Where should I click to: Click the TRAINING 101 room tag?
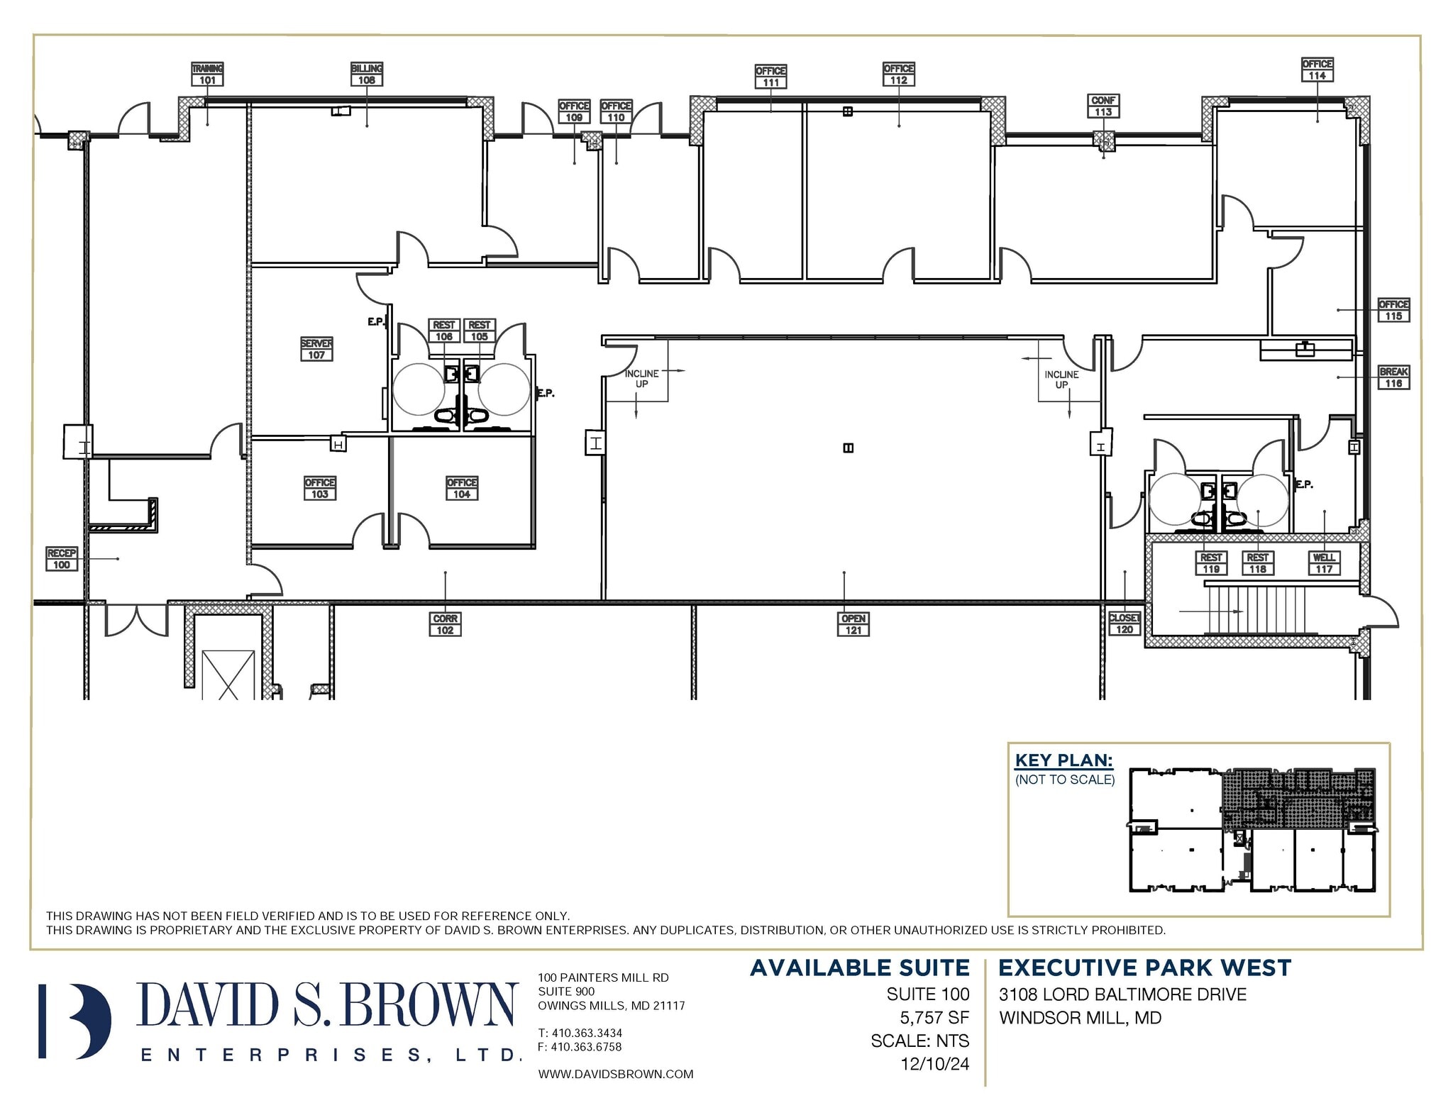[x=207, y=74]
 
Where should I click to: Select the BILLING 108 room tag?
[x=366, y=74]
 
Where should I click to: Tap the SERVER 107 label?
[x=316, y=349]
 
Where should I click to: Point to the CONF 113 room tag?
[x=1103, y=106]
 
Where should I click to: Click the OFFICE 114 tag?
[x=1317, y=70]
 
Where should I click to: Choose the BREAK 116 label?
[x=1393, y=377]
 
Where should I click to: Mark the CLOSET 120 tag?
[x=1125, y=623]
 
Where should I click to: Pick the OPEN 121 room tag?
[x=853, y=624]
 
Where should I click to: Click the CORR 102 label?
[x=445, y=624]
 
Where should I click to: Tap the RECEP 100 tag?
[x=62, y=559]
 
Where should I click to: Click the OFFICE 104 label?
[x=462, y=488]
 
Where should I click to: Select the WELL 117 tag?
[x=1324, y=563]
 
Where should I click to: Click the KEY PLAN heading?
[x=1063, y=760]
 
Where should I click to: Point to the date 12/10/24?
[x=934, y=1064]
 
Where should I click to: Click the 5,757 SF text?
[x=934, y=1018]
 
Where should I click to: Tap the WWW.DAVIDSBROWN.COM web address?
[x=615, y=1074]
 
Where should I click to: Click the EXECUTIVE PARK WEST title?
[x=1144, y=968]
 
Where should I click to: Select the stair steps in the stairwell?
[x=1256, y=609]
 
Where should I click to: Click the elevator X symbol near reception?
[x=228, y=675]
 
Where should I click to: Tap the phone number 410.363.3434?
[x=586, y=1033]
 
